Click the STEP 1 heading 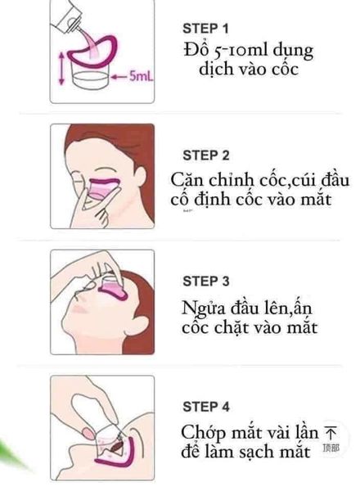click(205, 27)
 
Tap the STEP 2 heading click(205, 155)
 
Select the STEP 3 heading click(205, 282)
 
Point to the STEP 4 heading click(205, 406)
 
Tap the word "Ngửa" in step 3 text click(203, 308)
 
